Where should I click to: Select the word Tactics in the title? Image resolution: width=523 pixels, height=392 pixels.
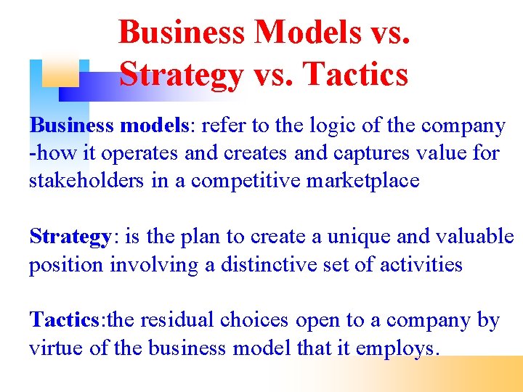pyautogui.click(x=355, y=75)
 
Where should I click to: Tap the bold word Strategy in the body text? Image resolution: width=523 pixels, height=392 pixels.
pyautogui.click(x=70, y=237)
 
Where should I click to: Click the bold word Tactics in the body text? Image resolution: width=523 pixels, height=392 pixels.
pyautogui.click(x=64, y=320)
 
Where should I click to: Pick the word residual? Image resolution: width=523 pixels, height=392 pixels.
pyautogui.click(x=176, y=320)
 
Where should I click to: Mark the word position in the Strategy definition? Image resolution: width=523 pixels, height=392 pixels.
pyautogui.click(x=66, y=264)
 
